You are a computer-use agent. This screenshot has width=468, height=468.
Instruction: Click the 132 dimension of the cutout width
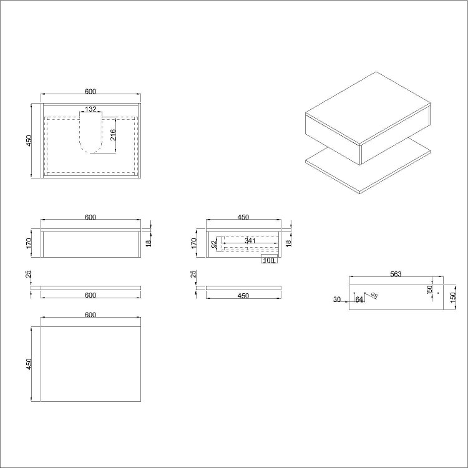tap(90, 109)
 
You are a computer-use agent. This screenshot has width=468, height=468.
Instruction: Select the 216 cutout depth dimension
tap(113, 135)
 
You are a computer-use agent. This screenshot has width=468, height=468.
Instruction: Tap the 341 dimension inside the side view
tap(250, 240)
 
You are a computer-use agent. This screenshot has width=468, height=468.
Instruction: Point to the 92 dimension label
tap(213, 244)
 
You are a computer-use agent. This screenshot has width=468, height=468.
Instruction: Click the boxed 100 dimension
tap(268, 260)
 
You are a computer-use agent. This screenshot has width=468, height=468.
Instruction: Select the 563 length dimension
tap(395, 273)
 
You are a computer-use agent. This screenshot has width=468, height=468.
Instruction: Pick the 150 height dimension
tap(452, 296)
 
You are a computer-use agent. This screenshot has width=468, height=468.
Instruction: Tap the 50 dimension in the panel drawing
tap(430, 290)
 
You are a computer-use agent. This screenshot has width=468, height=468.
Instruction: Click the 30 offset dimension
tap(337, 300)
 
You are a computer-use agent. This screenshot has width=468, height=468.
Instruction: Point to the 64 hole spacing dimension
tap(359, 300)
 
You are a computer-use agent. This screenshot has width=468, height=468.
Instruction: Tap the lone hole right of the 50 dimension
tap(438, 293)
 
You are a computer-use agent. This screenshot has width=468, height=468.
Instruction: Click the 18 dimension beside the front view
tap(149, 243)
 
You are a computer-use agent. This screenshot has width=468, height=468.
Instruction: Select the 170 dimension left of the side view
tap(195, 243)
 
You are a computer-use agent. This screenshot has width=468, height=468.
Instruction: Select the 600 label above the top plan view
tap(90, 92)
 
